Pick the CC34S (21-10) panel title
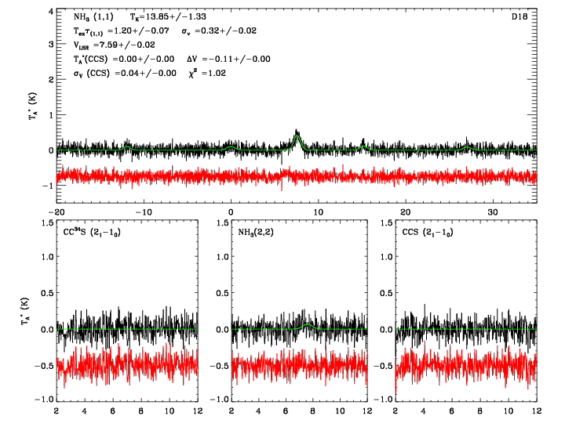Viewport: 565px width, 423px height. click(93, 233)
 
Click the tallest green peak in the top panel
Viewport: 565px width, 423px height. click(297, 136)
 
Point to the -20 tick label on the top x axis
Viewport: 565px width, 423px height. click(56, 212)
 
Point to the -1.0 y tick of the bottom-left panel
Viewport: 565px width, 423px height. click(44, 399)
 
